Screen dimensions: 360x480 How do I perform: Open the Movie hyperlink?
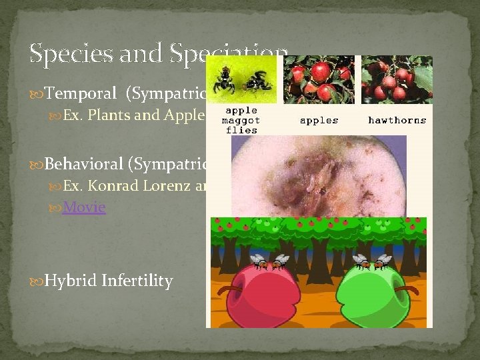(83, 207)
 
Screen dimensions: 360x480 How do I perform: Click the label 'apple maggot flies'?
(241, 120)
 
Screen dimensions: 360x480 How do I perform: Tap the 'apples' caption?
(319, 121)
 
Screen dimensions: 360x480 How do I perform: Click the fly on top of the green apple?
(371, 262)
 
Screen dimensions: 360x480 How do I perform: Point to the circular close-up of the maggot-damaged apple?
(313, 177)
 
